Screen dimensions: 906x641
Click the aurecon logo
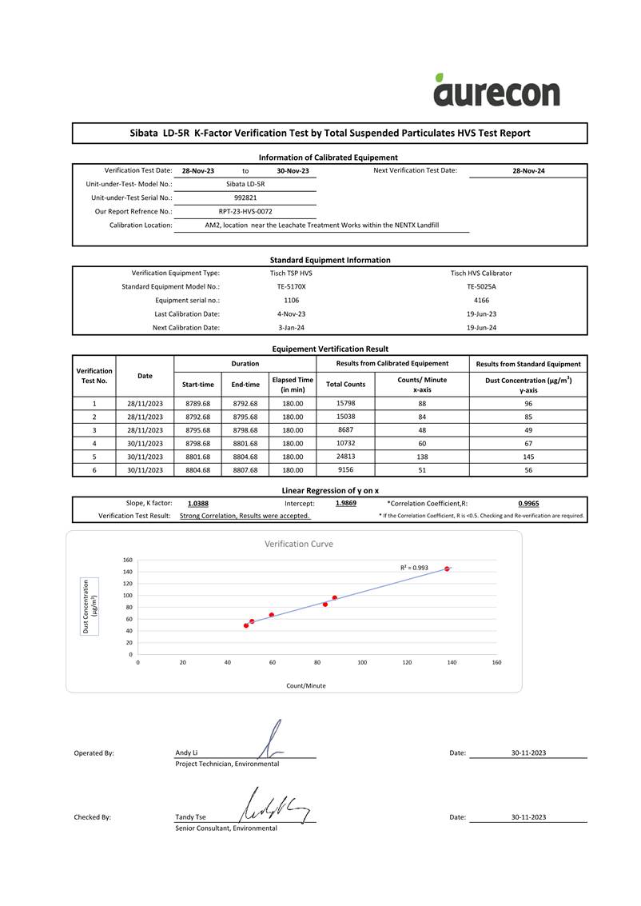[x=496, y=90]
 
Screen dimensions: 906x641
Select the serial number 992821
[x=245, y=198]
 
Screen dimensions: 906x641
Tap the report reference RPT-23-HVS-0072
[x=245, y=212]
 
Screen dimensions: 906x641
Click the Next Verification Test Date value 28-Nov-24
[x=528, y=171]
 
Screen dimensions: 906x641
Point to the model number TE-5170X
[x=291, y=286]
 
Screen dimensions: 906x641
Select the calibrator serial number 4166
[x=481, y=300]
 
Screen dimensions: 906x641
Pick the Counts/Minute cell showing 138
[x=422, y=457]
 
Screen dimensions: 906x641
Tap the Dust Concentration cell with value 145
[x=528, y=457]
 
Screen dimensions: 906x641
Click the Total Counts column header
[x=345, y=385]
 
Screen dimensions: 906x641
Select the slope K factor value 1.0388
[x=198, y=504]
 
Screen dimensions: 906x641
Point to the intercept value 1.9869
[x=346, y=504]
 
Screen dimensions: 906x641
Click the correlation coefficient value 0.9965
[x=528, y=504]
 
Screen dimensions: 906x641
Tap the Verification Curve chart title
[x=298, y=544]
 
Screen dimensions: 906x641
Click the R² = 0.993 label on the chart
[x=414, y=568]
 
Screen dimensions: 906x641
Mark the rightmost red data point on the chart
[x=447, y=569]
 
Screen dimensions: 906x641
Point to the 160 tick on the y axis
[x=127, y=560]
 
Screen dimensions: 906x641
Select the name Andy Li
[x=186, y=753]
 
